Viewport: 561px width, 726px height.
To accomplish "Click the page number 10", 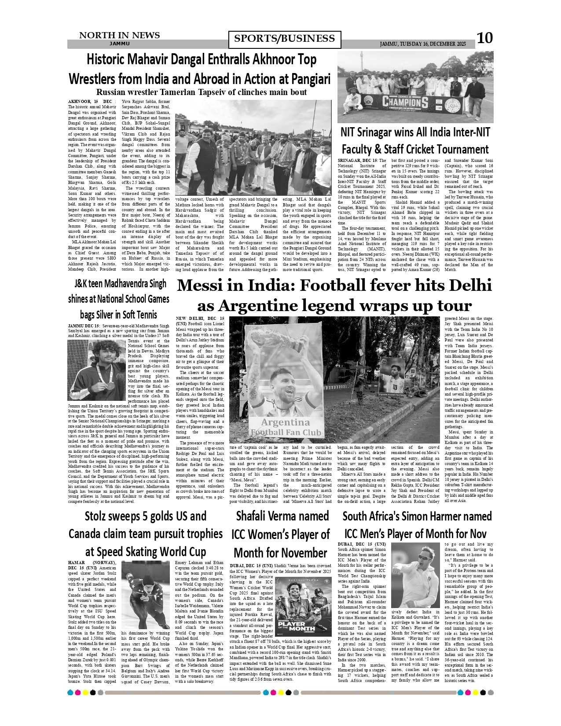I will (x=484, y=38).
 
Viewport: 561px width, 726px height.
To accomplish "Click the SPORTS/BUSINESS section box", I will (x=284, y=39).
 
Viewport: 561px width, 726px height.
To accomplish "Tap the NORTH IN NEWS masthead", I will (x=119, y=35).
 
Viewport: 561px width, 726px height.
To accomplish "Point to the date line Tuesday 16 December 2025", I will (x=422, y=44).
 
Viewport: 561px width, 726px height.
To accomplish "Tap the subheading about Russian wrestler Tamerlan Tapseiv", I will (x=201, y=92).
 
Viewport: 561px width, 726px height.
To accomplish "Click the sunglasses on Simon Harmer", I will (x=425, y=557).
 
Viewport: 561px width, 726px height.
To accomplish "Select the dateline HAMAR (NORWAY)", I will (x=92, y=563).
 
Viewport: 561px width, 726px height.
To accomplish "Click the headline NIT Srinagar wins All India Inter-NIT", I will (x=415, y=132).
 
